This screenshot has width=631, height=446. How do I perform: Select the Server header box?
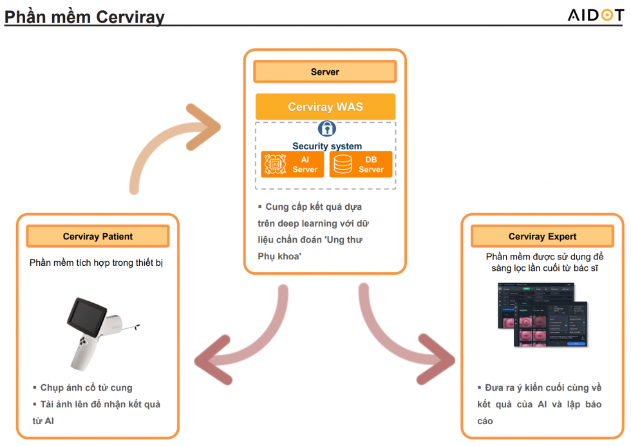[325, 71]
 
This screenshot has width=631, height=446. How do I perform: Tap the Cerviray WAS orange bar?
[325, 107]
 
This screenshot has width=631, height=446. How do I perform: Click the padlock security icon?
[326, 128]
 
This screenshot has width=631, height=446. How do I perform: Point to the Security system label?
[327, 146]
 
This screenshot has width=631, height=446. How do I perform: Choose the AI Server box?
[293, 164]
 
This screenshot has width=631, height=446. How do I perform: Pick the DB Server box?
[361, 164]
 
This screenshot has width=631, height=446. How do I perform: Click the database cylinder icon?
[343, 164]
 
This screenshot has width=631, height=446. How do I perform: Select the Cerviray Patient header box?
[98, 236]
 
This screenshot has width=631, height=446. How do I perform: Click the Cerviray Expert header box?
[542, 236]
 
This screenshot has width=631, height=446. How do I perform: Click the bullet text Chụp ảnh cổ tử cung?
[85, 387]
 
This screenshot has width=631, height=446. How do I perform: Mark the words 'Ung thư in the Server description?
[348, 239]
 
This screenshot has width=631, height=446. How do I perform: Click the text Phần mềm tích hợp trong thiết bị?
[96, 263]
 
